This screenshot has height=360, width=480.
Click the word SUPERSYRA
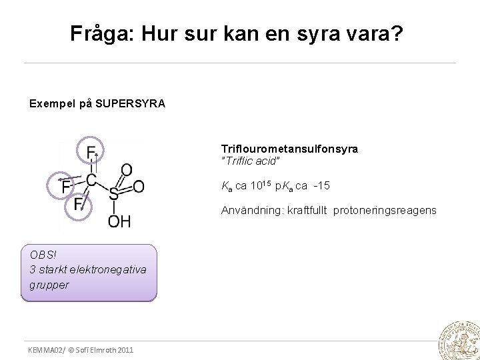pos(131,104)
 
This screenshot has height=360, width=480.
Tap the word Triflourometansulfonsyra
pos(289,149)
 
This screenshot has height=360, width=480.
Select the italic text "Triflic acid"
pos(251,161)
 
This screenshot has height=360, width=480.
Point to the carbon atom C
pos(91,180)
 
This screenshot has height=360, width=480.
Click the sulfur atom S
pos(113,194)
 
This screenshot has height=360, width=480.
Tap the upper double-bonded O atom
pos(126,171)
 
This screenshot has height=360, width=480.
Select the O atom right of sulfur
pos(138,187)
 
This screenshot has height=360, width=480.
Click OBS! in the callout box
pos(44,255)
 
